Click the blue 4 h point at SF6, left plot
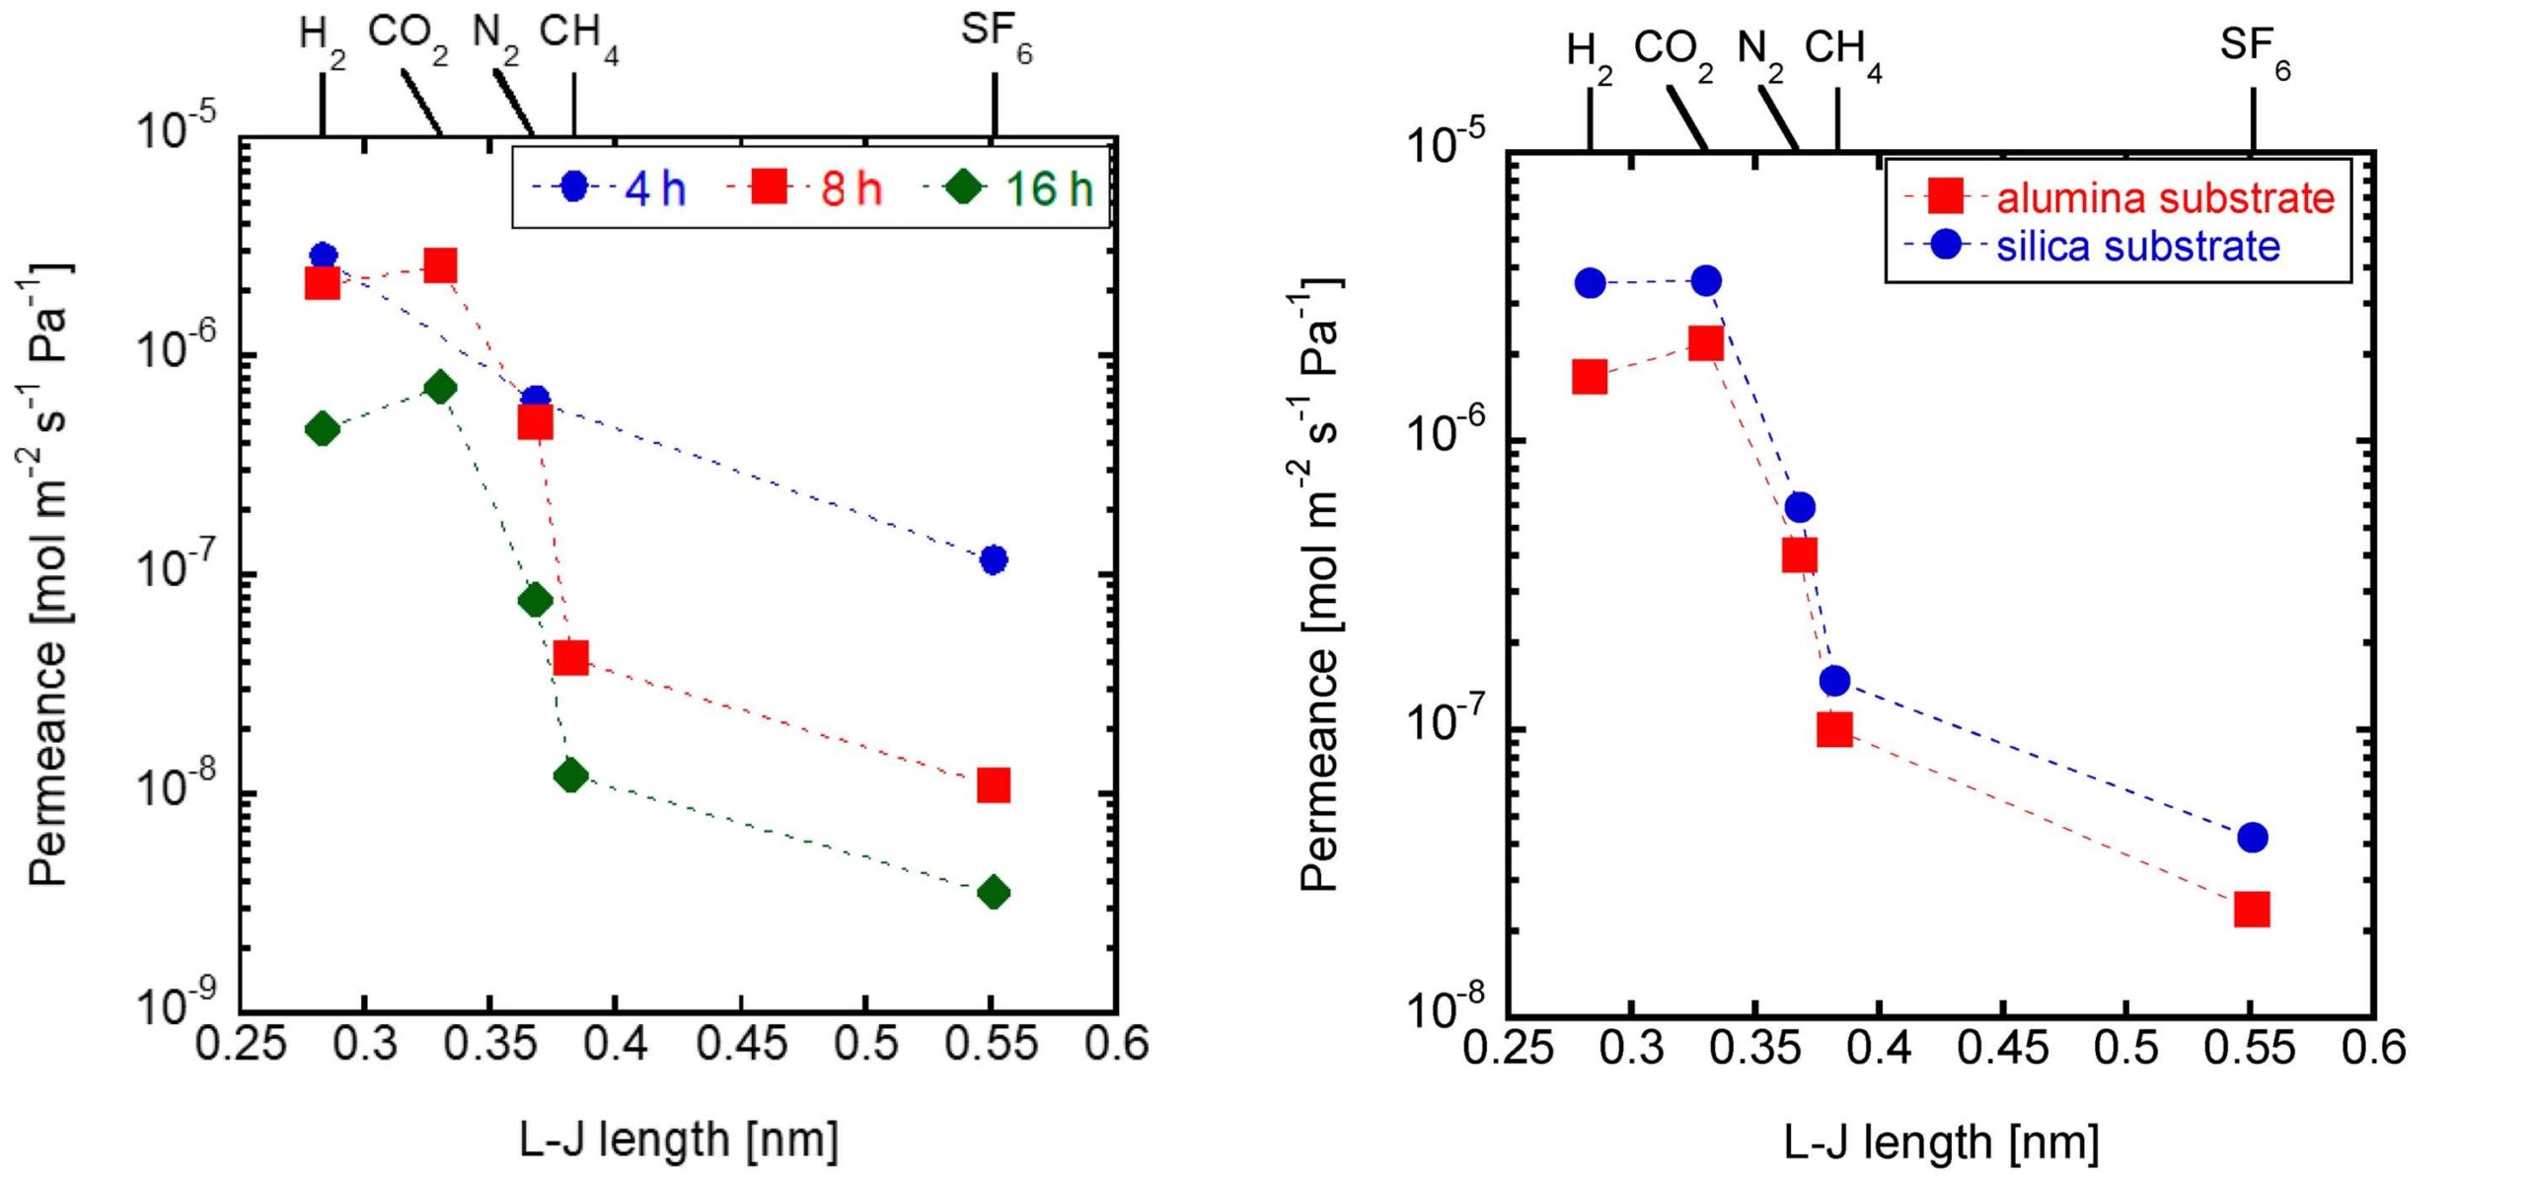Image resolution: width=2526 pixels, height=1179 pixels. point(994,559)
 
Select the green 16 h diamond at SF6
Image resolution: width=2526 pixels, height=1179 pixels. point(994,893)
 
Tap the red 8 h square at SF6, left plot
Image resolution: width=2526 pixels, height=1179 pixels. point(994,785)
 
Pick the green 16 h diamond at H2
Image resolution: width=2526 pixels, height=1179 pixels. point(323,429)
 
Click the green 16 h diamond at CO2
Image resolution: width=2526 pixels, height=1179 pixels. point(440,388)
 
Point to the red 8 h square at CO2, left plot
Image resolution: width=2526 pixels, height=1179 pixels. point(440,265)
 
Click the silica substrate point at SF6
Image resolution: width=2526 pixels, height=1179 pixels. point(2253,838)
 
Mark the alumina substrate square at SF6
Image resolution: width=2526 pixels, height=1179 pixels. point(2253,909)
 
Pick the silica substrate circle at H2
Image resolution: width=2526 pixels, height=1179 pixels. point(1590,283)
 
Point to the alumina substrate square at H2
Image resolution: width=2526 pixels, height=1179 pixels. point(1590,377)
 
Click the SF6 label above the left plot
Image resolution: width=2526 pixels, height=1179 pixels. point(996,35)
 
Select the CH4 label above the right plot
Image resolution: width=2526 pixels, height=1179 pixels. point(1841,51)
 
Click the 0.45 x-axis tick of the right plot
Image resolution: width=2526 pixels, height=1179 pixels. point(2003,1048)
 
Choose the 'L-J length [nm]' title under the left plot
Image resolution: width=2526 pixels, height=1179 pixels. point(679,1141)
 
